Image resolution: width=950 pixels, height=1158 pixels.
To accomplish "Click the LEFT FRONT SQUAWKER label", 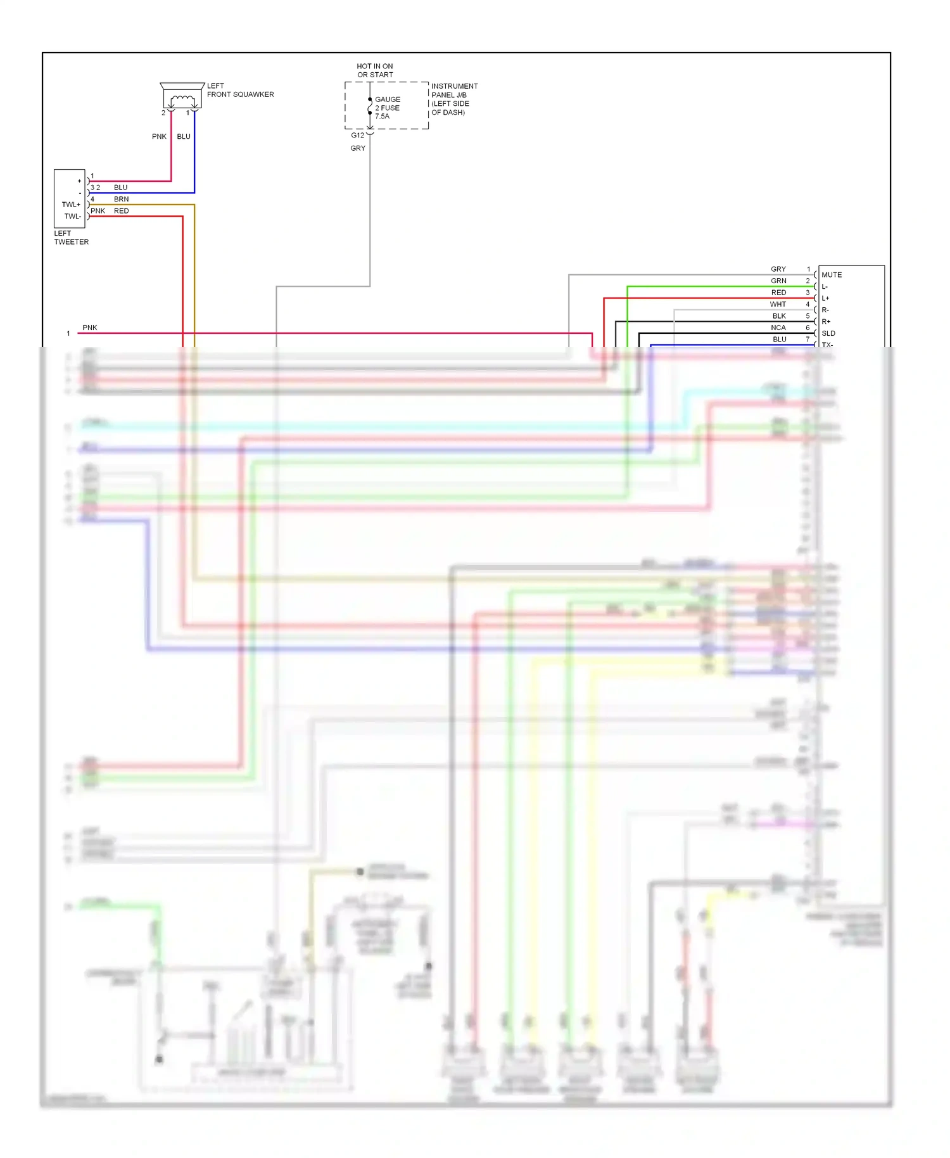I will tap(240, 90).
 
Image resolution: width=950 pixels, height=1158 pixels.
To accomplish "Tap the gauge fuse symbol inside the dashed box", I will tap(370, 108).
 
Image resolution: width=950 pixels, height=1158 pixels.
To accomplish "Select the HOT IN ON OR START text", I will tap(375, 70).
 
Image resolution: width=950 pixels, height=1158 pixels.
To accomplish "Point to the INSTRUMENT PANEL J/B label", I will tap(454, 91).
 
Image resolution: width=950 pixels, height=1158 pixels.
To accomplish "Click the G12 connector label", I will tap(358, 135).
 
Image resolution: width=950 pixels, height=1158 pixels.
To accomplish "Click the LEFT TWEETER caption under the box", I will tap(71, 238).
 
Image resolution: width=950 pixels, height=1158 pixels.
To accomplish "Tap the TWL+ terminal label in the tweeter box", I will tap(71, 205).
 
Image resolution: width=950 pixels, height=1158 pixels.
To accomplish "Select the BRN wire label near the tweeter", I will tap(121, 199).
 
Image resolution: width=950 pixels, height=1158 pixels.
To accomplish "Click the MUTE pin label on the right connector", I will tap(832, 275).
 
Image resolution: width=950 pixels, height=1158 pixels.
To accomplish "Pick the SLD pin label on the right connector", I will tap(828, 333).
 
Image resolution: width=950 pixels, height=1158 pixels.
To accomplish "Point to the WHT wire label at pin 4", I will tap(778, 304).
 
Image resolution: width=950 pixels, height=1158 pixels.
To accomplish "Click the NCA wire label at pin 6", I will tap(778, 328).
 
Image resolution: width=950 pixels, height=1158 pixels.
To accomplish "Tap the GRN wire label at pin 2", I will tap(778, 281).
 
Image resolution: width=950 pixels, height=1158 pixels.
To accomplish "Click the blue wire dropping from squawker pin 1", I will tap(194, 158).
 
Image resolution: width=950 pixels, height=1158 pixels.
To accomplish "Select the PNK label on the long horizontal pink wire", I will tap(90, 328).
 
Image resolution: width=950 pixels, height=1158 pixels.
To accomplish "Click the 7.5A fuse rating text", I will tap(383, 117).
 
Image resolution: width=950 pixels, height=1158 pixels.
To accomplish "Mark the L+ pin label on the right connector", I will tap(825, 298).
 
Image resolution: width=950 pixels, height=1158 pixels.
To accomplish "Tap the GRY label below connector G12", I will tap(358, 148).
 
